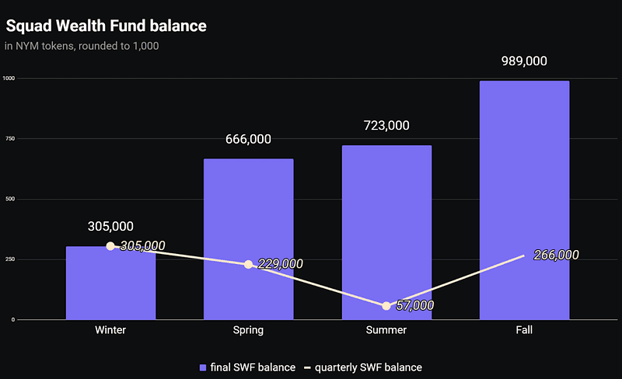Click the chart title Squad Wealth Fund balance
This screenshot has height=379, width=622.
click(x=106, y=26)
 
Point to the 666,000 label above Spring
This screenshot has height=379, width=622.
click(x=248, y=140)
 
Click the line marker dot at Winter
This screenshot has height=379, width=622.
click(x=110, y=246)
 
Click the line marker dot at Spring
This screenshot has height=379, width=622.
click(x=248, y=264)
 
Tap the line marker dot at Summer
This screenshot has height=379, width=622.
click(x=386, y=305)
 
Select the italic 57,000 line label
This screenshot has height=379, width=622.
click(x=415, y=305)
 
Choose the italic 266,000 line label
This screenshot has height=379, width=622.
click(x=556, y=255)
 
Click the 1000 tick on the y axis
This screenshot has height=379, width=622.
click(x=9, y=78)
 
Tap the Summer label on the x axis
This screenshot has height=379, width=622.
click(x=386, y=329)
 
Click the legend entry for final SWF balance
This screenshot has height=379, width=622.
click(x=247, y=367)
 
